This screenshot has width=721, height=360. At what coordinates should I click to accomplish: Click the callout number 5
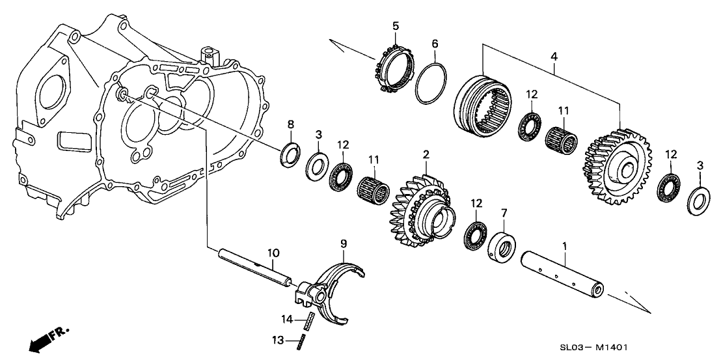396,26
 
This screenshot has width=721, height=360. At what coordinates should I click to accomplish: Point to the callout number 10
273,253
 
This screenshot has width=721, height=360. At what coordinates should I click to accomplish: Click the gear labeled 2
422,210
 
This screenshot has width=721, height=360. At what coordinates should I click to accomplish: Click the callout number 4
554,57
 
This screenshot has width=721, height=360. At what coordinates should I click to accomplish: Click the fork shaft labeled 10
255,267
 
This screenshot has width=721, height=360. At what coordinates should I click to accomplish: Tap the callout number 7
504,213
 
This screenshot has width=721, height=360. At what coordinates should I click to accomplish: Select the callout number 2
426,154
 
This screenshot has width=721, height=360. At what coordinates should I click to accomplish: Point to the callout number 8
290,124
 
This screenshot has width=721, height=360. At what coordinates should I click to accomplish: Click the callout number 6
435,44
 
